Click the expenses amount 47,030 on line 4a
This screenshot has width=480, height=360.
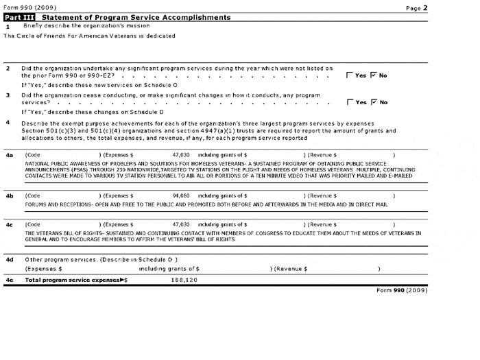click(181, 156)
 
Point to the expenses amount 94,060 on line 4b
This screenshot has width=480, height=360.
click(181, 196)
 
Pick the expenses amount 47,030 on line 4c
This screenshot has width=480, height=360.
click(181, 224)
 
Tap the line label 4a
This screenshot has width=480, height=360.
click(9, 156)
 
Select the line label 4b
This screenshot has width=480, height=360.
click(9, 196)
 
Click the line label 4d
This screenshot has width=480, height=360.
click(9, 259)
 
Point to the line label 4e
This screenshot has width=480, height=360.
click(9, 280)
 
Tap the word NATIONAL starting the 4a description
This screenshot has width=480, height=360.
click(38, 165)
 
